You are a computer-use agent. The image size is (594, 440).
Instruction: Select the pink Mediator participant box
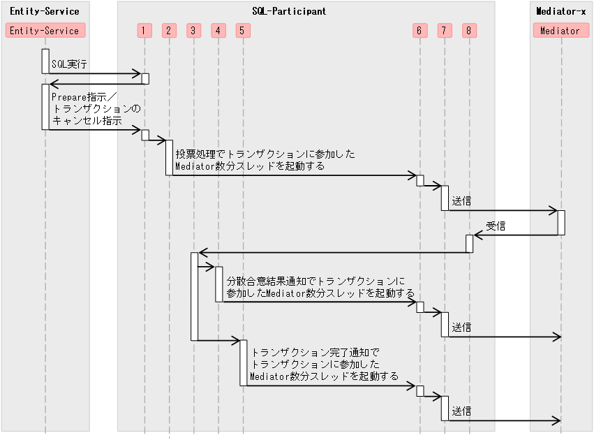click(x=560, y=31)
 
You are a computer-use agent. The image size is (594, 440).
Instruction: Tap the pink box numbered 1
click(x=144, y=31)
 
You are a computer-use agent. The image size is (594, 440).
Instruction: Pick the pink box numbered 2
click(x=169, y=31)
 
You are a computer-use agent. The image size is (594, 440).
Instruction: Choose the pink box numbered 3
click(x=193, y=31)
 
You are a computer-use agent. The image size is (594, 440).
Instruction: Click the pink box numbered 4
click(x=218, y=31)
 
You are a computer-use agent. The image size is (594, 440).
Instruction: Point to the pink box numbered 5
click(x=241, y=31)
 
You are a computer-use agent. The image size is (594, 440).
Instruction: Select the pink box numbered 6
click(x=419, y=31)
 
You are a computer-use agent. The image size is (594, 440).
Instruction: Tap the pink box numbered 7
click(x=445, y=31)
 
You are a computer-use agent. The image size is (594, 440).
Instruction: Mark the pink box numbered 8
click(x=470, y=31)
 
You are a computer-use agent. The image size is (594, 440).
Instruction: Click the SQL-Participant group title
click(x=288, y=12)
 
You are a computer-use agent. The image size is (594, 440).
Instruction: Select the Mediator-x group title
click(x=560, y=12)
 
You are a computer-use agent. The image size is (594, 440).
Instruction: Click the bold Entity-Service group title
click(x=45, y=12)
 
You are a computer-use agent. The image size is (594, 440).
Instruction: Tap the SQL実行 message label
click(x=69, y=64)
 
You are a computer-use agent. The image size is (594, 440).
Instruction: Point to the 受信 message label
click(x=496, y=226)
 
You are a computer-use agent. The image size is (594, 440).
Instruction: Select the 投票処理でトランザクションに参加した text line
click(x=265, y=154)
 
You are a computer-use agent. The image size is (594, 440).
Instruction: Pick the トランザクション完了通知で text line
click(x=315, y=353)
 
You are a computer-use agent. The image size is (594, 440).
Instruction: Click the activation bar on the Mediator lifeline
click(x=560, y=223)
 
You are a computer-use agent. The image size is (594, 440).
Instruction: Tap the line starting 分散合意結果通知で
click(x=315, y=281)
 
